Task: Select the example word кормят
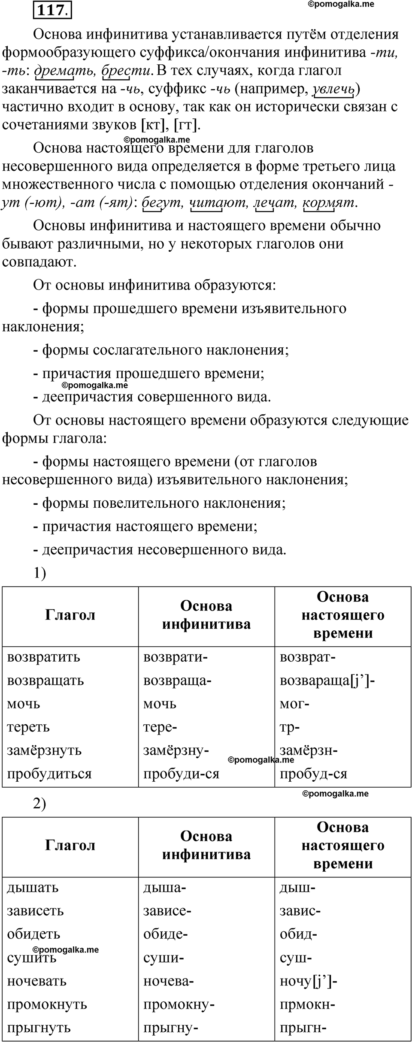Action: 330,202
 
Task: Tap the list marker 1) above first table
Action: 39,573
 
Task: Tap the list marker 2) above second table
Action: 39,803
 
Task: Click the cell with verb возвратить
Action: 44,657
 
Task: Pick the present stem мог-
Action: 294,704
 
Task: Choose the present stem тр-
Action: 290,727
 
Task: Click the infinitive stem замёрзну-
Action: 176,750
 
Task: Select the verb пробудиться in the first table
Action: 49,774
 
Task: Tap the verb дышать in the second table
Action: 33,887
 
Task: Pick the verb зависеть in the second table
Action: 36,911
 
